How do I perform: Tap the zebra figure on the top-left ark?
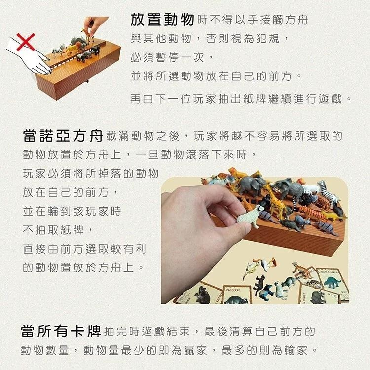click(59, 50)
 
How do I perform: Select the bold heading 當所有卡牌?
click(61, 331)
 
